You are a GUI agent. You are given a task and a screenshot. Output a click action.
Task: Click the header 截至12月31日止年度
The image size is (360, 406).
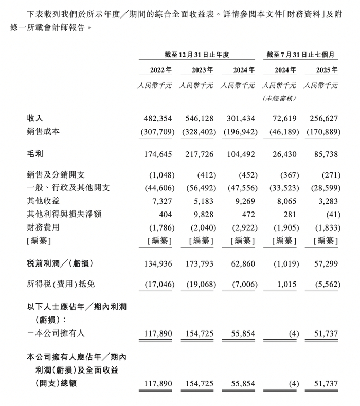[x=197, y=54]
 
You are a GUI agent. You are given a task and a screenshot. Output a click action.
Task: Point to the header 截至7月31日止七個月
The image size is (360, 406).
[x=301, y=54]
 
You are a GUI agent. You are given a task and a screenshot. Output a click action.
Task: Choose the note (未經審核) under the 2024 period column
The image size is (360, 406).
[x=280, y=98]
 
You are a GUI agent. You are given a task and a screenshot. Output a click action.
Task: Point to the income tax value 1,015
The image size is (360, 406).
[x=286, y=285]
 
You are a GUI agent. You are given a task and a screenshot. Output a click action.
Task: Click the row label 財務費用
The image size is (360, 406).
[x=43, y=227]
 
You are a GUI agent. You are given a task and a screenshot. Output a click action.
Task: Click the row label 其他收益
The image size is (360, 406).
[x=43, y=200]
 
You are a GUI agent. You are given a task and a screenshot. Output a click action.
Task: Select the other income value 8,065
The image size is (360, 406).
[x=286, y=200]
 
